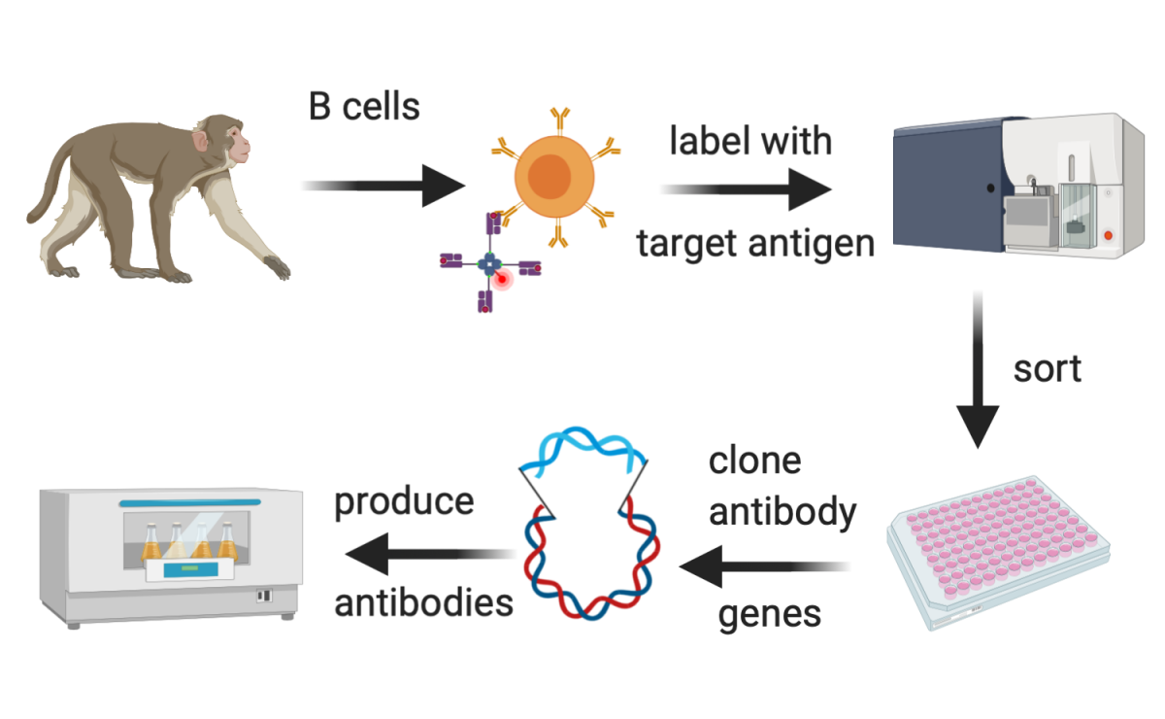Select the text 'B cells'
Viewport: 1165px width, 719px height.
click(364, 106)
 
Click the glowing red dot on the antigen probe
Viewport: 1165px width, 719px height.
click(503, 280)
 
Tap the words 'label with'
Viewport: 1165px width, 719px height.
click(750, 141)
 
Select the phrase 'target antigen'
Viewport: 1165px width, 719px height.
click(755, 243)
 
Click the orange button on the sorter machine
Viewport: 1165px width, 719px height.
click(1109, 235)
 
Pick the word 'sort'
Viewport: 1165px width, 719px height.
click(1047, 369)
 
